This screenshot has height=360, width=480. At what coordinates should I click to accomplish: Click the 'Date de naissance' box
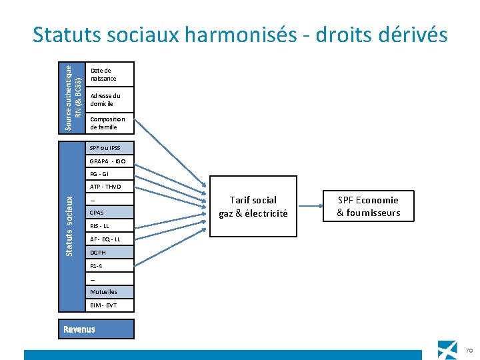point(111,75)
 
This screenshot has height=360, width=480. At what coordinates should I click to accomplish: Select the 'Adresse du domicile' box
point(111,100)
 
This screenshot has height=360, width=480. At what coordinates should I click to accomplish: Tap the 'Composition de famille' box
point(111,123)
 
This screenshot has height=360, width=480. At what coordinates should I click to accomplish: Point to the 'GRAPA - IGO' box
point(111,161)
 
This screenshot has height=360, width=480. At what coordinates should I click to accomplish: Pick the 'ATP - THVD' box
point(111,187)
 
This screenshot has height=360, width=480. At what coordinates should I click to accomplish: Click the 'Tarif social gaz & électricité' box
point(253,207)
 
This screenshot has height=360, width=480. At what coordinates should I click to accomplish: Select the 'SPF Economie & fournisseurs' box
point(368,207)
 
